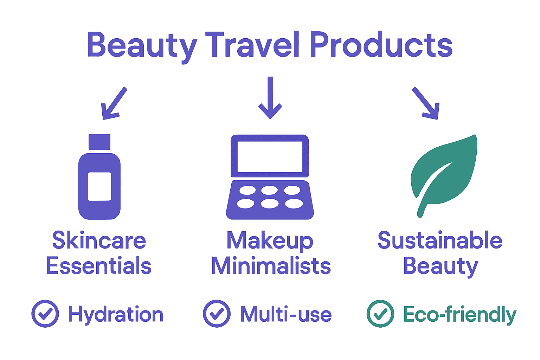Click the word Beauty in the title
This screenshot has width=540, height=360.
tap(141, 46)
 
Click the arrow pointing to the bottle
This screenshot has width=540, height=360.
tap(113, 103)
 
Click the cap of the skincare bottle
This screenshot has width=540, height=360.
tap(99, 142)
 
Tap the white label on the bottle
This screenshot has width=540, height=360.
tap(99, 186)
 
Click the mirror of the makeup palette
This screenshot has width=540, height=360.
tap(270, 156)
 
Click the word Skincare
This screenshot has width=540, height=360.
tap(99, 241)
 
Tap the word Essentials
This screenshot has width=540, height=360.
tap(99, 266)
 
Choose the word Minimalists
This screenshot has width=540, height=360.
tap(271, 266)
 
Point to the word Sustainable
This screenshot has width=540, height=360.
tap(440, 241)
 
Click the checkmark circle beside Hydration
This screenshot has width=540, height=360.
tap(45, 314)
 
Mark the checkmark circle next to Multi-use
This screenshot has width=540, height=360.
tap(217, 314)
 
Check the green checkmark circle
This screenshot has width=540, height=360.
tap(380, 314)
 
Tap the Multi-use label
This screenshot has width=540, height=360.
tap(286, 314)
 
